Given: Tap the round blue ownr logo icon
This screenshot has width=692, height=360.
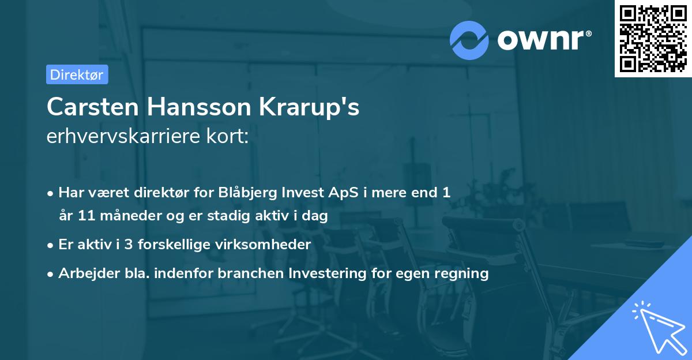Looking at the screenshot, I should coord(469,40).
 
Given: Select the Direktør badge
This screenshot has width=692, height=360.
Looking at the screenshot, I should coord(77,74).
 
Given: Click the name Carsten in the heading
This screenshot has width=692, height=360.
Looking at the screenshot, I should coord(92,107).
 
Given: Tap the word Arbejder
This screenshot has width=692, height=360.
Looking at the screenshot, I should coord(85,273).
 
